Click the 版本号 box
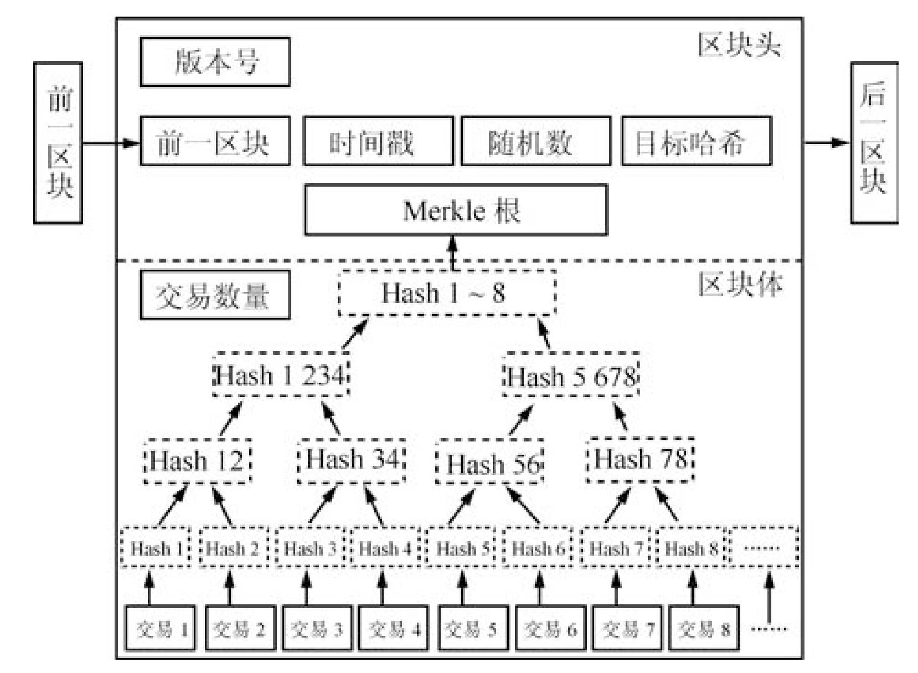coord(215,61)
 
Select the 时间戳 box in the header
coord(378,141)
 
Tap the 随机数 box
coord(535,141)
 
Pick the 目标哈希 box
coord(696,141)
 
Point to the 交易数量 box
coord(215,295)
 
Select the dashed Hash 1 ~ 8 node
coord(446,293)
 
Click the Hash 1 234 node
coord(281,375)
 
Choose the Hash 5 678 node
coord(571,376)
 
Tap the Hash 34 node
coord(352,460)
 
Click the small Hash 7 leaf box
coord(615,548)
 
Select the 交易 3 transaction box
coord(316,629)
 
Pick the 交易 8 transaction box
coord(703,629)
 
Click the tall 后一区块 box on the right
coord(874,143)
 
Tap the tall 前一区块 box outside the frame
coord(58,143)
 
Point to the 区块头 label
coord(739,44)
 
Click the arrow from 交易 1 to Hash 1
coord(148,588)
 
